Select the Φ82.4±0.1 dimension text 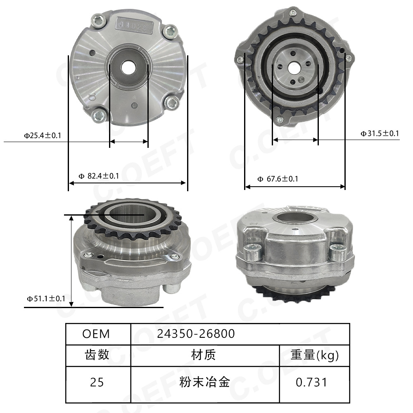(99, 176)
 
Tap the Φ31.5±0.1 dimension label (380, 133)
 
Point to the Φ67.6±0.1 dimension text (278, 179)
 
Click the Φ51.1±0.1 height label (46, 298)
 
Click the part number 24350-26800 (196, 334)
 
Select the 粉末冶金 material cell (204, 382)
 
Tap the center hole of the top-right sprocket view (294, 66)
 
